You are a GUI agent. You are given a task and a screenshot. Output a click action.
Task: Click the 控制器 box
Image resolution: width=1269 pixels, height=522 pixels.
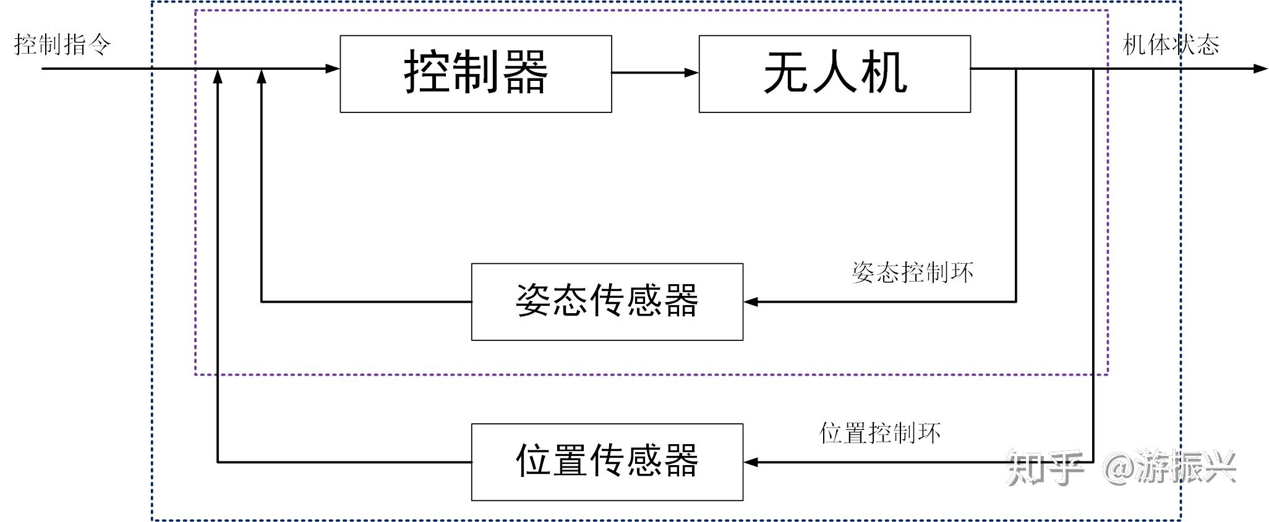coord(476,74)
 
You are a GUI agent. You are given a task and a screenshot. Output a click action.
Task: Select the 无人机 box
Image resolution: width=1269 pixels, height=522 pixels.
coord(834,74)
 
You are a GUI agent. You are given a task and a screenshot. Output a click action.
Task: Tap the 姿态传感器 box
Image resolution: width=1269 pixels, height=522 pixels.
coord(607,301)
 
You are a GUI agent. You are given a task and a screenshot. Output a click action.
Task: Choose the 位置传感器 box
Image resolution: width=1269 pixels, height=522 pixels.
coord(607,461)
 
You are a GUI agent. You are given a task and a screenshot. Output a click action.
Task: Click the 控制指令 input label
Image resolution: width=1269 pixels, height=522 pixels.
coord(62,44)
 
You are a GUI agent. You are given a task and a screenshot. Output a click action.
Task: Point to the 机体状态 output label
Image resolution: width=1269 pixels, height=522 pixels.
coord(1171,44)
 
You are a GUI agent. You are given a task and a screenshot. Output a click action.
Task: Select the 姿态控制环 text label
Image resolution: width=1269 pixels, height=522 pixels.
coord(912,272)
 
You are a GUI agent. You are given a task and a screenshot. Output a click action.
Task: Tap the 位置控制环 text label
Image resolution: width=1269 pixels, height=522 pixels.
coord(879,432)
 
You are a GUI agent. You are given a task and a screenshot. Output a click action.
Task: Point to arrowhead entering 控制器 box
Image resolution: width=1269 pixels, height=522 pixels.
coord(333,69)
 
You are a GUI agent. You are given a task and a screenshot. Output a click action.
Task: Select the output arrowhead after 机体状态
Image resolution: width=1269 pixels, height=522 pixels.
coord(1260,69)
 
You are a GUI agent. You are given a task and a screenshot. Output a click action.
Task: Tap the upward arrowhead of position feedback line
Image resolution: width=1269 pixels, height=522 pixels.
coord(218,77)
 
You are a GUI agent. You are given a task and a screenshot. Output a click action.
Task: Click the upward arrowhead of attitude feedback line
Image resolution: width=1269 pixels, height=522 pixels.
coord(262,77)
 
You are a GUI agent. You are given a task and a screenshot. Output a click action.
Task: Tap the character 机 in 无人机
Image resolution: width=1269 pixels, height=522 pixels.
coord(884,74)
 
